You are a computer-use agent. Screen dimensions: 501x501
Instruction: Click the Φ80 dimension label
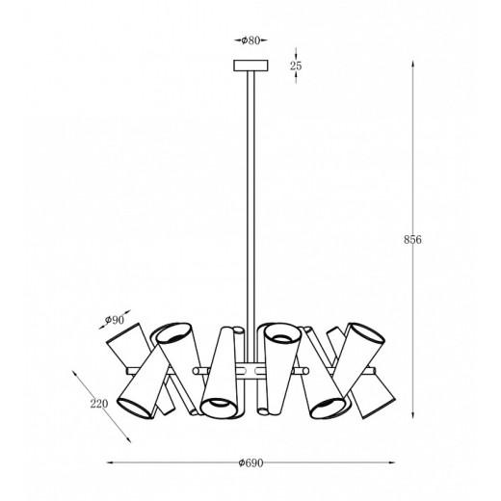point(250,40)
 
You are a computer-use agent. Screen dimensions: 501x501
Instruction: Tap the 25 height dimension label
point(296,66)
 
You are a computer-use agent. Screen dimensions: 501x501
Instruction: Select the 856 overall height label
point(412,240)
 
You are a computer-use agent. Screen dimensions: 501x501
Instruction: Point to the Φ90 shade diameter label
point(115,320)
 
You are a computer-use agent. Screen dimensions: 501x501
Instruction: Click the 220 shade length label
point(99,404)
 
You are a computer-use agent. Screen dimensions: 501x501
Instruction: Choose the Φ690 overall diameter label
point(250,462)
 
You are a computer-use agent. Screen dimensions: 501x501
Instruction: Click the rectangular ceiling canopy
point(250,66)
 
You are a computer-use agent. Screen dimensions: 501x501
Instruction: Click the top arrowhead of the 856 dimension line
point(412,64)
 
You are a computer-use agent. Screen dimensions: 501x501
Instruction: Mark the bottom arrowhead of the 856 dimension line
point(412,415)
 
